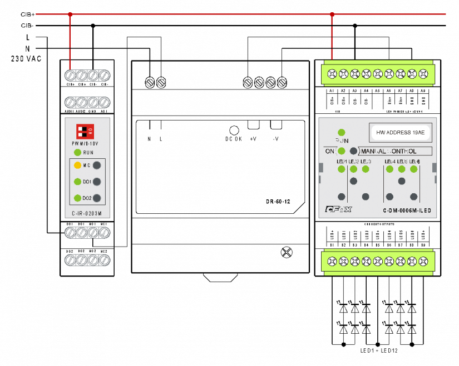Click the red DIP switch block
click(x=85, y=132)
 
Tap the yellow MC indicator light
click(x=78, y=165)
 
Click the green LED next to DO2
click(x=78, y=198)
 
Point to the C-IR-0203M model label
click(x=87, y=213)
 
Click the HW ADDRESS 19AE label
click(x=400, y=133)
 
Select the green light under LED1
click(x=342, y=169)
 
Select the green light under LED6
click(x=414, y=169)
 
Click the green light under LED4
click(x=389, y=169)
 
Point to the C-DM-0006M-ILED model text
click(x=407, y=210)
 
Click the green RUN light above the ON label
click(x=342, y=133)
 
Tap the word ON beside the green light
click(x=329, y=151)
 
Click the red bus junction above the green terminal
click(x=332, y=14)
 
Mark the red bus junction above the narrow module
click(x=70, y=14)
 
